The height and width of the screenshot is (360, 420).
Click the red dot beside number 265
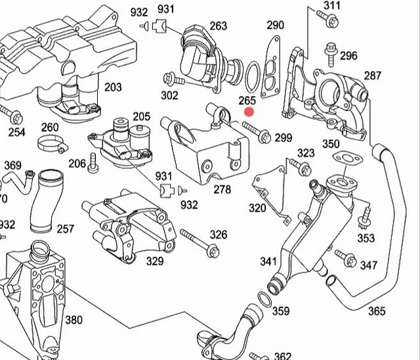pyautogui.click(x=249, y=112)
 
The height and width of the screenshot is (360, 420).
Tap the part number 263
pyautogui.click(x=218, y=26)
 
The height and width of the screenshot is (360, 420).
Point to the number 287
pyautogui.click(x=372, y=76)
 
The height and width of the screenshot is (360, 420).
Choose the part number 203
pyautogui.click(x=113, y=87)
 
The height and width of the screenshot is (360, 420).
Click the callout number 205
pyautogui.click(x=141, y=116)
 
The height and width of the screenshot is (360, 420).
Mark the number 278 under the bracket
pyautogui.click(x=222, y=190)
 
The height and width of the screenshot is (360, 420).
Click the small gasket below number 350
pyautogui.click(x=342, y=158)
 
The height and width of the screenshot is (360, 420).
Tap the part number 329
pyautogui.click(x=154, y=261)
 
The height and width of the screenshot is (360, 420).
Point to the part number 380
pyautogui.click(x=73, y=320)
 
